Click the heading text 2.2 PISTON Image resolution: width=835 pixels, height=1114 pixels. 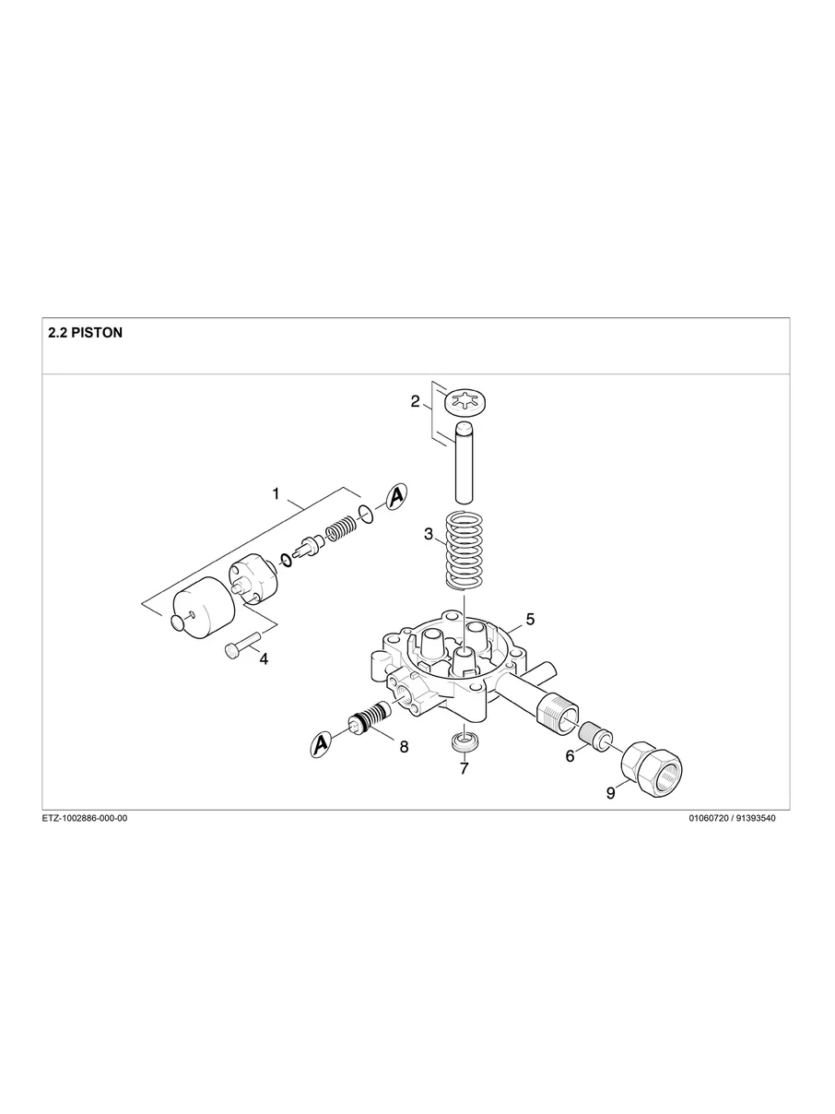pyautogui.click(x=85, y=333)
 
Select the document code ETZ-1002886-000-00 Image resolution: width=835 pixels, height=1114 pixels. pyautogui.click(x=85, y=818)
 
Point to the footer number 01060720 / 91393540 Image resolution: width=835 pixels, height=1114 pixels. pyautogui.click(x=732, y=818)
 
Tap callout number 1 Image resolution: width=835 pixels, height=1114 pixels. pyautogui.click(x=276, y=494)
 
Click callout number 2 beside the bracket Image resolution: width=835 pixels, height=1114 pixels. pyautogui.click(x=416, y=401)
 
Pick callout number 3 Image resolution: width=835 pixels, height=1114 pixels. pyautogui.click(x=429, y=534)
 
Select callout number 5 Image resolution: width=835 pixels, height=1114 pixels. pyautogui.click(x=530, y=619)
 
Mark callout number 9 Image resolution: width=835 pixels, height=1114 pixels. pyautogui.click(x=610, y=792)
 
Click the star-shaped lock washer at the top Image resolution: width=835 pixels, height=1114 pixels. pyautogui.click(x=465, y=403)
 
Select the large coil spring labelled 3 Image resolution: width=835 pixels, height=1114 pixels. pyautogui.click(x=465, y=551)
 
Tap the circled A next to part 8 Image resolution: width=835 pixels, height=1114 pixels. pyautogui.click(x=322, y=743)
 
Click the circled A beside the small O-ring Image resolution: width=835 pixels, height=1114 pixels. pyautogui.click(x=396, y=496)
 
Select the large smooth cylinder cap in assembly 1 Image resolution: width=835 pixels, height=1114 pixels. pyautogui.click(x=201, y=607)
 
